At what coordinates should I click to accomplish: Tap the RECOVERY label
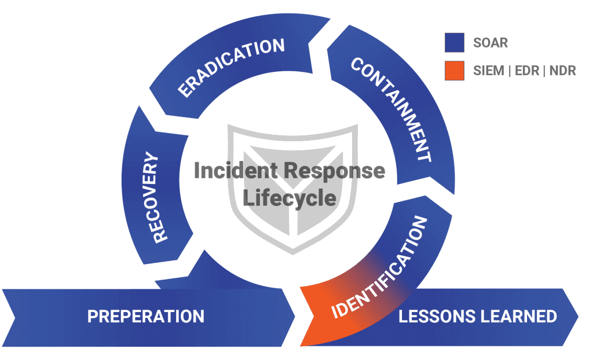[x=153, y=197]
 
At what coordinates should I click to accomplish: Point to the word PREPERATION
[x=145, y=317]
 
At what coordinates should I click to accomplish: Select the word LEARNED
[x=524, y=317]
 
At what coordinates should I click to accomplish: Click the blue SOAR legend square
[x=455, y=43]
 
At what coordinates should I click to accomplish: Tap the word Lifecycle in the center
[x=289, y=197]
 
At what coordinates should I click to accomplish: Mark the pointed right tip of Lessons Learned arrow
[x=578, y=317]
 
